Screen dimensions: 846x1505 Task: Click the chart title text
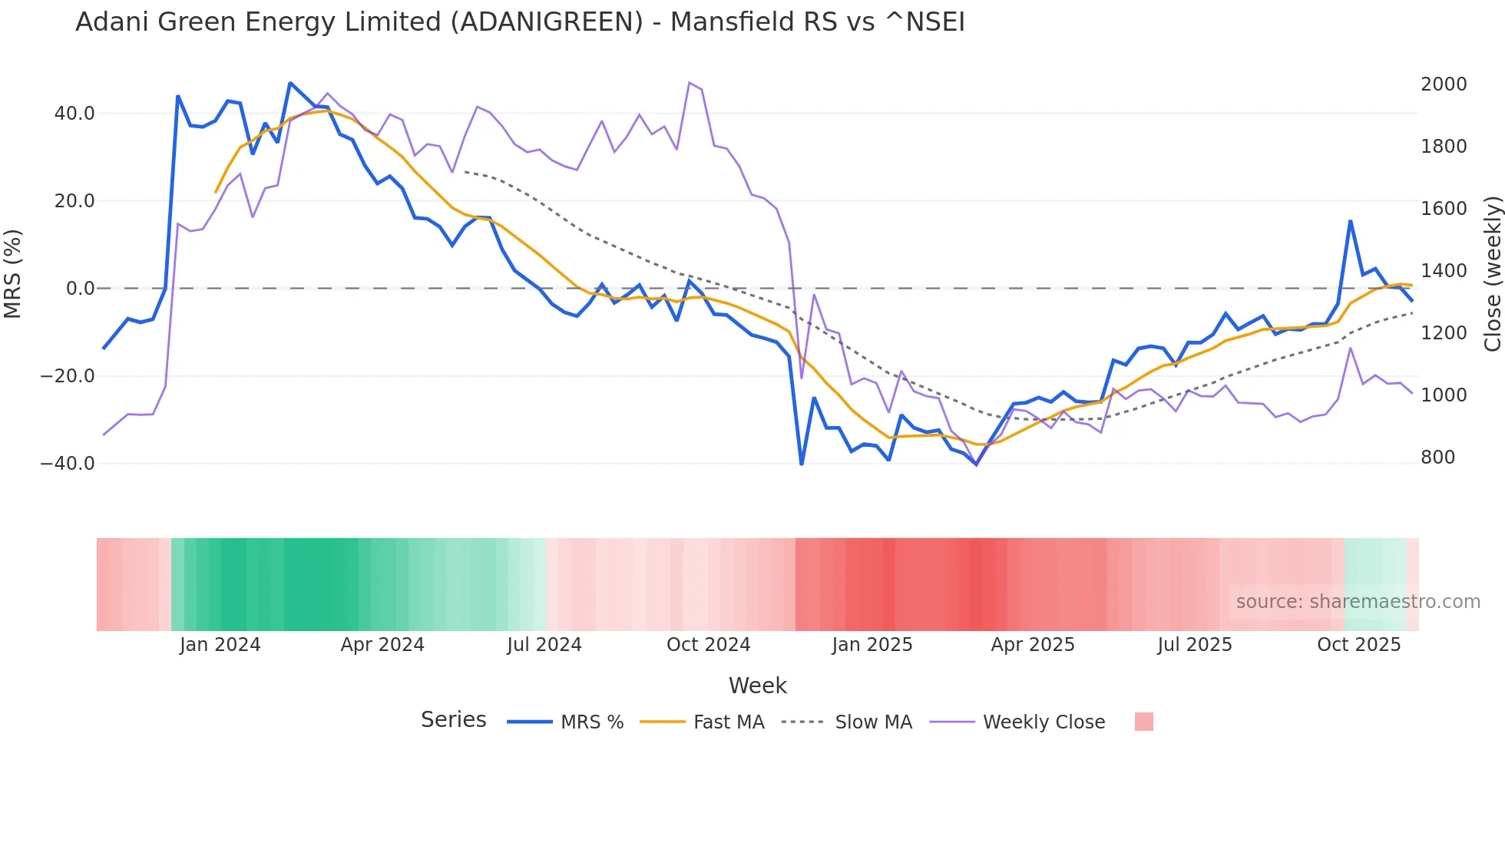tap(520, 22)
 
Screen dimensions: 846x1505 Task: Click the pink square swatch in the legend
tap(1144, 722)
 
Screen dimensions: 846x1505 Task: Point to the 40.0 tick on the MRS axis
tap(74, 114)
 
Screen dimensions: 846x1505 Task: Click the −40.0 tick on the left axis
tap(68, 464)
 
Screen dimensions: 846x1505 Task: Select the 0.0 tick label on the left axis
tap(81, 289)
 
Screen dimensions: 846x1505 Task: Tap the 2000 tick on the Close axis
tap(1444, 84)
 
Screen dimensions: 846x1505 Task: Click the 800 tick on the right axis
tap(1438, 458)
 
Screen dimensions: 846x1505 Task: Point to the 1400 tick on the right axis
tap(1444, 271)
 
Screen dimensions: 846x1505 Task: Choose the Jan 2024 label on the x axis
tap(220, 645)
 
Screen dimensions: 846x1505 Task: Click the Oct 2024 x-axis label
tap(708, 645)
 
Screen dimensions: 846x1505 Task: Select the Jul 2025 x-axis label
tap(1195, 645)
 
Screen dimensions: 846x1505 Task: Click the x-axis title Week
tap(757, 686)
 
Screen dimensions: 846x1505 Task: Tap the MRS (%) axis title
tap(13, 273)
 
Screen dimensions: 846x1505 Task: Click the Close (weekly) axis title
tap(1492, 273)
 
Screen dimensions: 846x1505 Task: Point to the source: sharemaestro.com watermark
tap(1358, 602)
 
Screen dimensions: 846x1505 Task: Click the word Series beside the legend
tap(453, 720)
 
